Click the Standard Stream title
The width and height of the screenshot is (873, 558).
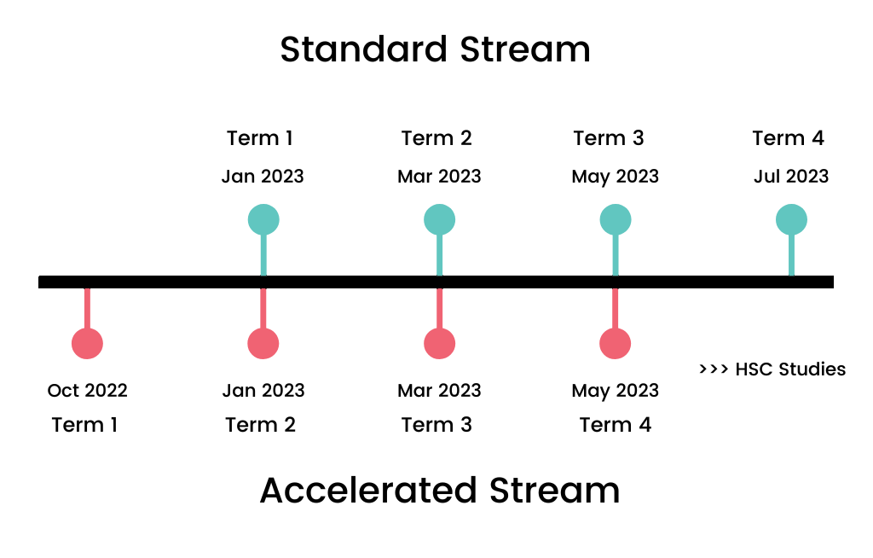point(435,50)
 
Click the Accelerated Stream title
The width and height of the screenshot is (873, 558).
point(439,491)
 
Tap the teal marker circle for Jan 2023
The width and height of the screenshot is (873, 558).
point(263,220)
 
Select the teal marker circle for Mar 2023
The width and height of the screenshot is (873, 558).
point(440,220)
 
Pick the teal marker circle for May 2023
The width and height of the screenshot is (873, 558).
point(616,220)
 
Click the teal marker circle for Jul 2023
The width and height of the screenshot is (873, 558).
point(791,220)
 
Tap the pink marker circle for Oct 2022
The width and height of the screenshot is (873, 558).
point(87,343)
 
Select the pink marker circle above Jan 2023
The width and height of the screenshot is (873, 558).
point(263,343)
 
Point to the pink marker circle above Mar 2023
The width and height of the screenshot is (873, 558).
point(440,343)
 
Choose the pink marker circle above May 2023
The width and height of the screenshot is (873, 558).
point(616,343)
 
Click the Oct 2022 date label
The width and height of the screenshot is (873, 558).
point(88,391)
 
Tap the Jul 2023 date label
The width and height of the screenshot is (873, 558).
point(791,177)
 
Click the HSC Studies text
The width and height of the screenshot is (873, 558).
point(790,369)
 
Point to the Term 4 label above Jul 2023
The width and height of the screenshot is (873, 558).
point(789,138)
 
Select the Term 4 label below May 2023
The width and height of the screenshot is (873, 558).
point(616,425)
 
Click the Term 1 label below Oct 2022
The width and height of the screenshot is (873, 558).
point(84,425)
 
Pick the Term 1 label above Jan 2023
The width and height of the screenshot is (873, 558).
point(260,138)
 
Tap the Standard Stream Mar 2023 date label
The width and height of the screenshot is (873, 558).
point(439,177)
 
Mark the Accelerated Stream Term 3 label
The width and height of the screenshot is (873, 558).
point(436,425)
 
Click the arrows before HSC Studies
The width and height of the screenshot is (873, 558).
point(713,369)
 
